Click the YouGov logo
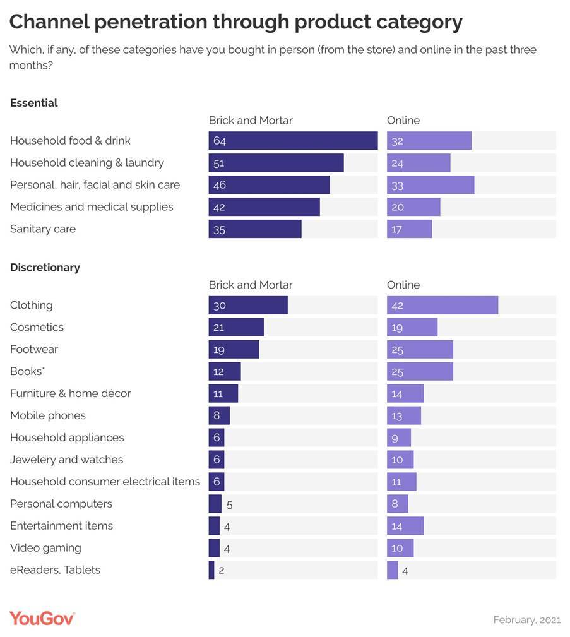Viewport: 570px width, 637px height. [x=42, y=618]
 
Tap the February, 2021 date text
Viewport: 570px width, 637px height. [x=526, y=620]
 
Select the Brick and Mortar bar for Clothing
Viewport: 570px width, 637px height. [x=248, y=306]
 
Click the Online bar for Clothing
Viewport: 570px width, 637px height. [x=442, y=306]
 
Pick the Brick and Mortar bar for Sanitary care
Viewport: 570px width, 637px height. [x=255, y=229]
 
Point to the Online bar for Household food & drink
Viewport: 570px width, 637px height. [x=429, y=141]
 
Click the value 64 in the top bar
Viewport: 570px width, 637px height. [x=220, y=141]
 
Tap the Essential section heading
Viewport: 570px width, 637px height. [x=34, y=103]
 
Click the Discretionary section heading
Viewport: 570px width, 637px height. [x=45, y=268]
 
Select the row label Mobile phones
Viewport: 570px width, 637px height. [x=48, y=415]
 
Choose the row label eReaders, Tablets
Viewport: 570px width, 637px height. [x=55, y=570]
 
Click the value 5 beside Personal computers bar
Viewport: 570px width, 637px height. [x=230, y=504]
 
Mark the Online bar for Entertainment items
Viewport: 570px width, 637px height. [x=405, y=526]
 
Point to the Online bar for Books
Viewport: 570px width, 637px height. [x=420, y=372]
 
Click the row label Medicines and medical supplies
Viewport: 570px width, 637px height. [x=92, y=207]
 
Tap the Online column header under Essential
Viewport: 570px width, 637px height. [x=403, y=121]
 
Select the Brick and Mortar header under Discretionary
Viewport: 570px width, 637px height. [x=251, y=285]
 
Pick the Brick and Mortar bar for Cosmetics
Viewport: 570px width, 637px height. [x=236, y=328]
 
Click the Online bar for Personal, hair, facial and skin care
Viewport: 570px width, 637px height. [x=430, y=185]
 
